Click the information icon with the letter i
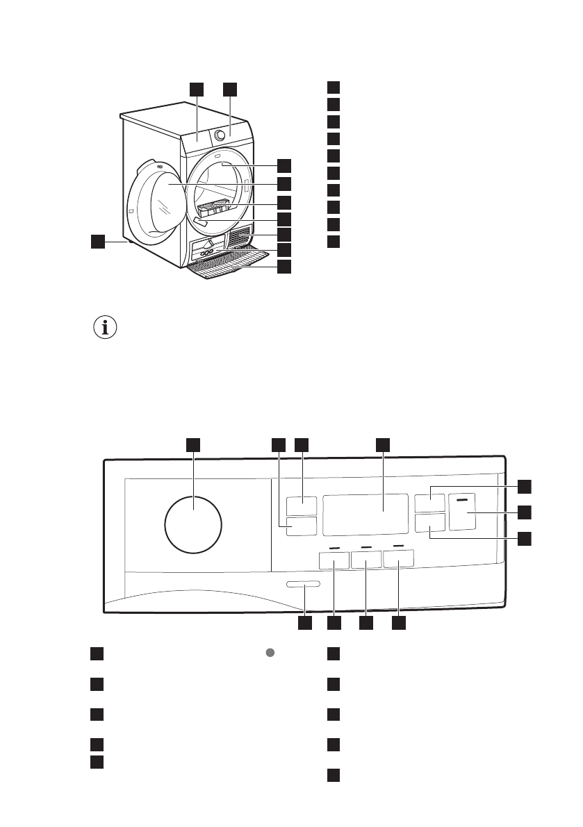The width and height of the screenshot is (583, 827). tap(106, 328)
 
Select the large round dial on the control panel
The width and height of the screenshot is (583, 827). tap(194, 524)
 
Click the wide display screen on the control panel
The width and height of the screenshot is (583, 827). tap(365, 514)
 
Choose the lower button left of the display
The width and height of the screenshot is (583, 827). tap(300, 526)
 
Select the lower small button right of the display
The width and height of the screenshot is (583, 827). tap(429, 523)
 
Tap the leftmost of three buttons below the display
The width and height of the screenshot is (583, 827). tap(334, 560)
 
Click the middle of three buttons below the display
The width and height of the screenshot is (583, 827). tap(366, 560)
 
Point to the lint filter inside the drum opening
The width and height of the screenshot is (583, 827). tap(214, 207)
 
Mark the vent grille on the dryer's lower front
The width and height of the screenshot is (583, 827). tap(238, 237)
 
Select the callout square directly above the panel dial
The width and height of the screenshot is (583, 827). tap(193, 444)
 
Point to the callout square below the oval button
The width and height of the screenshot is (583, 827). tap(304, 623)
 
